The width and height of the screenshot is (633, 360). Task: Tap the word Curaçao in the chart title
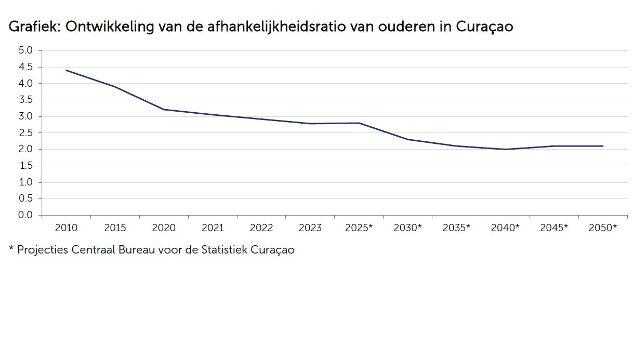tap(484, 27)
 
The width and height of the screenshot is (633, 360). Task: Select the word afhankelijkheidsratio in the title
tap(276, 26)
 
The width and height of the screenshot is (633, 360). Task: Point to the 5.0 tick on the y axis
tap(25, 50)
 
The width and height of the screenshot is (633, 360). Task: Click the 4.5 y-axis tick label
tap(25, 67)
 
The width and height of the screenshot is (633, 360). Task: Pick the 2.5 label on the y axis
tap(25, 133)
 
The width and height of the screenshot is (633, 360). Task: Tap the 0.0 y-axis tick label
tap(25, 215)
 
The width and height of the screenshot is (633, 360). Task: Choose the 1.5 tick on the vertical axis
tap(26, 166)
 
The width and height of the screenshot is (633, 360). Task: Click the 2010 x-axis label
tap(66, 228)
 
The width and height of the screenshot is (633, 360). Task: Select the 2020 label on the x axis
tap(164, 228)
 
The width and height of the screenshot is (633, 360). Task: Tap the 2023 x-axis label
tap(310, 228)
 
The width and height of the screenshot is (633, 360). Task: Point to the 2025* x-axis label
tap(359, 228)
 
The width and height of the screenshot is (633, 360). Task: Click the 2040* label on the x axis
tap(505, 228)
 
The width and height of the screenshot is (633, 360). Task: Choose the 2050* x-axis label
tap(603, 228)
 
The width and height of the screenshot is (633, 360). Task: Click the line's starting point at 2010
tap(67, 70)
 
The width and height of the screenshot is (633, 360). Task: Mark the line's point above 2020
tap(164, 110)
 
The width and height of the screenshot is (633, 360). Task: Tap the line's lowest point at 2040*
tap(505, 149)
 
